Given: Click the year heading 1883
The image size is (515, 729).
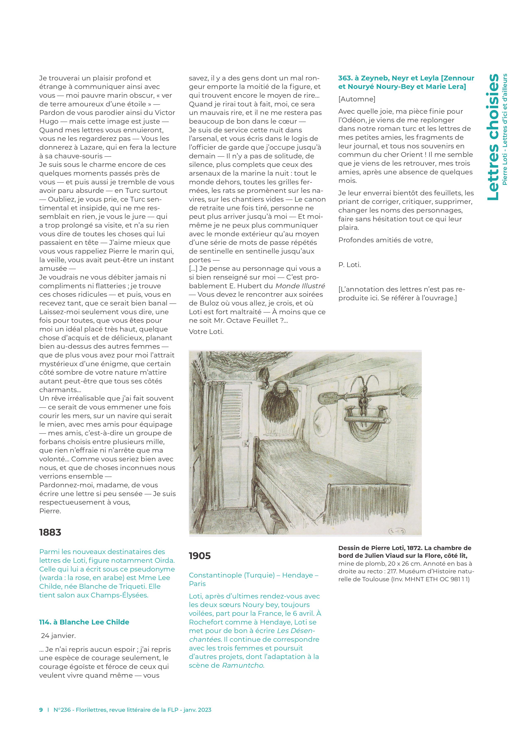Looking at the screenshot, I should coord(50,532).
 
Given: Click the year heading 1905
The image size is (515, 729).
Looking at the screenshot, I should coord(200,556).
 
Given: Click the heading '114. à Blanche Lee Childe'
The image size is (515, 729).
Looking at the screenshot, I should coord(84,622).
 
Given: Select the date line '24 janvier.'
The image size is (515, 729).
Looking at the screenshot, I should coord(58,636).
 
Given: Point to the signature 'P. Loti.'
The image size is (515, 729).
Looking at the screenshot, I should coord(350,265).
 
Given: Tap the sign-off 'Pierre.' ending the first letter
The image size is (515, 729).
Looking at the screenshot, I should coord(50,511).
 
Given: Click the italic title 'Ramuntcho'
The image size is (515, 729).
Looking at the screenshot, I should coord(243,665).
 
